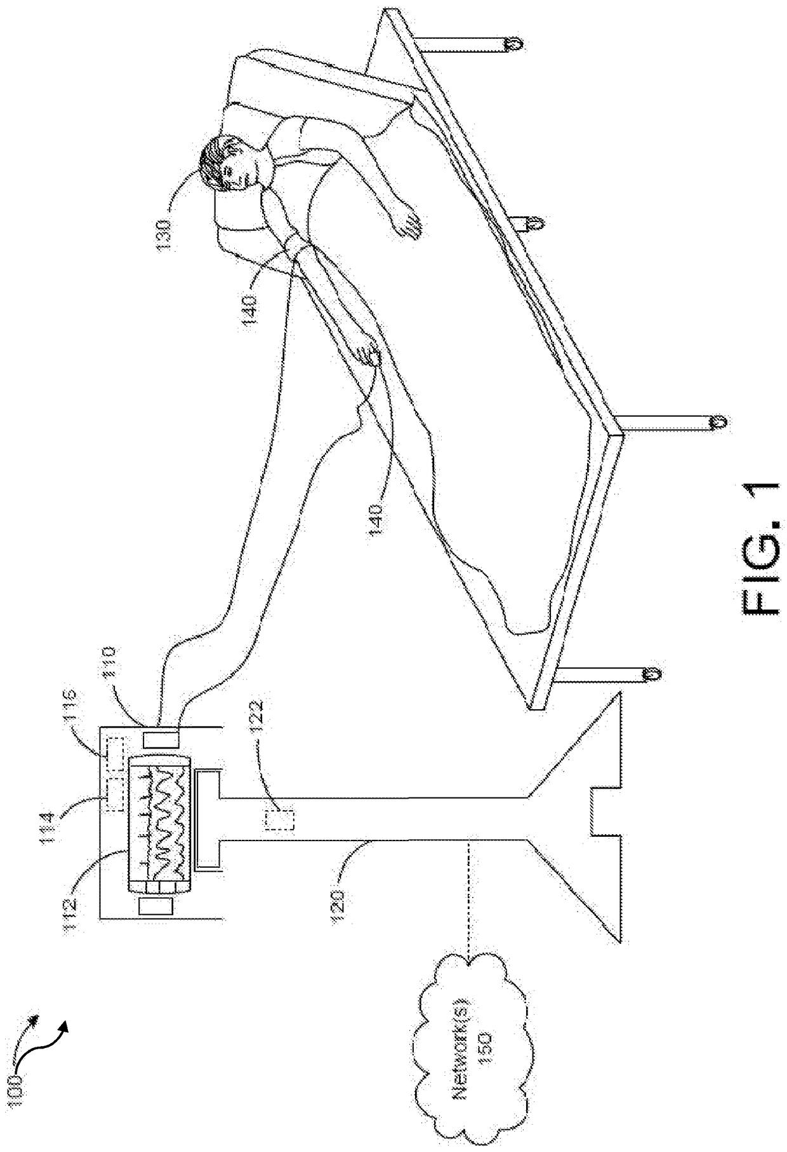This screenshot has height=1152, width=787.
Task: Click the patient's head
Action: pyautogui.click(x=229, y=164)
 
